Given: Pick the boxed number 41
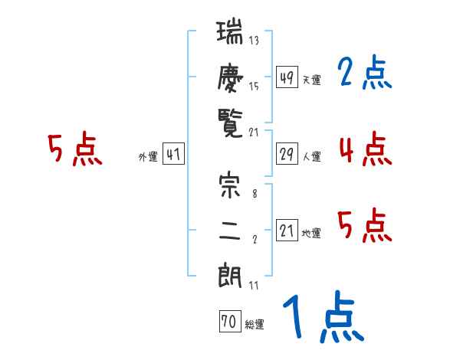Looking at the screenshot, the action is click(173, 155).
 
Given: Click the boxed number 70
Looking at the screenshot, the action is click(228, 322).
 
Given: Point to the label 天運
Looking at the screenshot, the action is click(312, 80).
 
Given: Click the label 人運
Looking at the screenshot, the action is click(312, 157).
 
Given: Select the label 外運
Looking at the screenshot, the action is click(148, 158).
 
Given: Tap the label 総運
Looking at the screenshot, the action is click(255, 325).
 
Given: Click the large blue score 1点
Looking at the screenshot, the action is click(322, 318).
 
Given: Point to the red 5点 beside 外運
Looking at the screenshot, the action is click(74, 149).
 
